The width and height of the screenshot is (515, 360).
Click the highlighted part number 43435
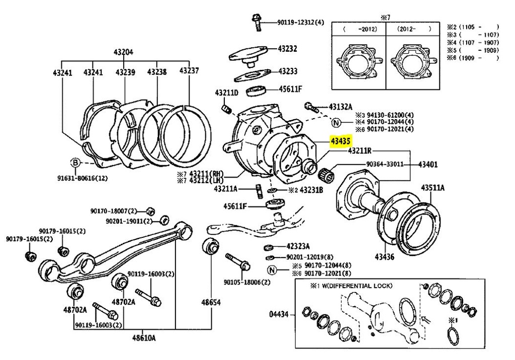[x=340, y=142]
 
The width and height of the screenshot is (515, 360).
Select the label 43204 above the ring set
[x=123, y=52]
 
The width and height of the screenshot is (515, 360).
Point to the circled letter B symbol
[x=74, y=162]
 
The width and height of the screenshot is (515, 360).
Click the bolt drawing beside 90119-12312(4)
[x=255, y=21]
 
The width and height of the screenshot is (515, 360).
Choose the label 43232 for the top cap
[x=288, y=49]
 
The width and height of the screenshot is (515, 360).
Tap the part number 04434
[x=280, y=314]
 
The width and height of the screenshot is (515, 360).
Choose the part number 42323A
[x=298, y=246]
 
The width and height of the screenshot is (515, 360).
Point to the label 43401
[x=428, y=164]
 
